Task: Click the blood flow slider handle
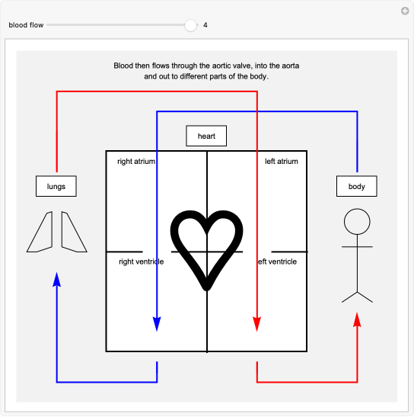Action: coord(190,25)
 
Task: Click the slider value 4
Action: coord(205,25)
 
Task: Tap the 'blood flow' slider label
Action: coord(26,25)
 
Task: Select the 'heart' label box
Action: coord(206,136)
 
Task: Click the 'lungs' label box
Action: coord(56,186)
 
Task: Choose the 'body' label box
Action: coord(357,186)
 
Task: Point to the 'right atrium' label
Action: coord(136,162)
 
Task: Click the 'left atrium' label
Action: coord(281,162)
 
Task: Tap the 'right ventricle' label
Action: coord(142,261)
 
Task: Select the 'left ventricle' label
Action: coord(277,261)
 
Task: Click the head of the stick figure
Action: coord(357,222)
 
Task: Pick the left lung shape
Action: coord(42,232)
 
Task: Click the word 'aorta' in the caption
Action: coord(290,66)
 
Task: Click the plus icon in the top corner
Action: coord(405,11)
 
